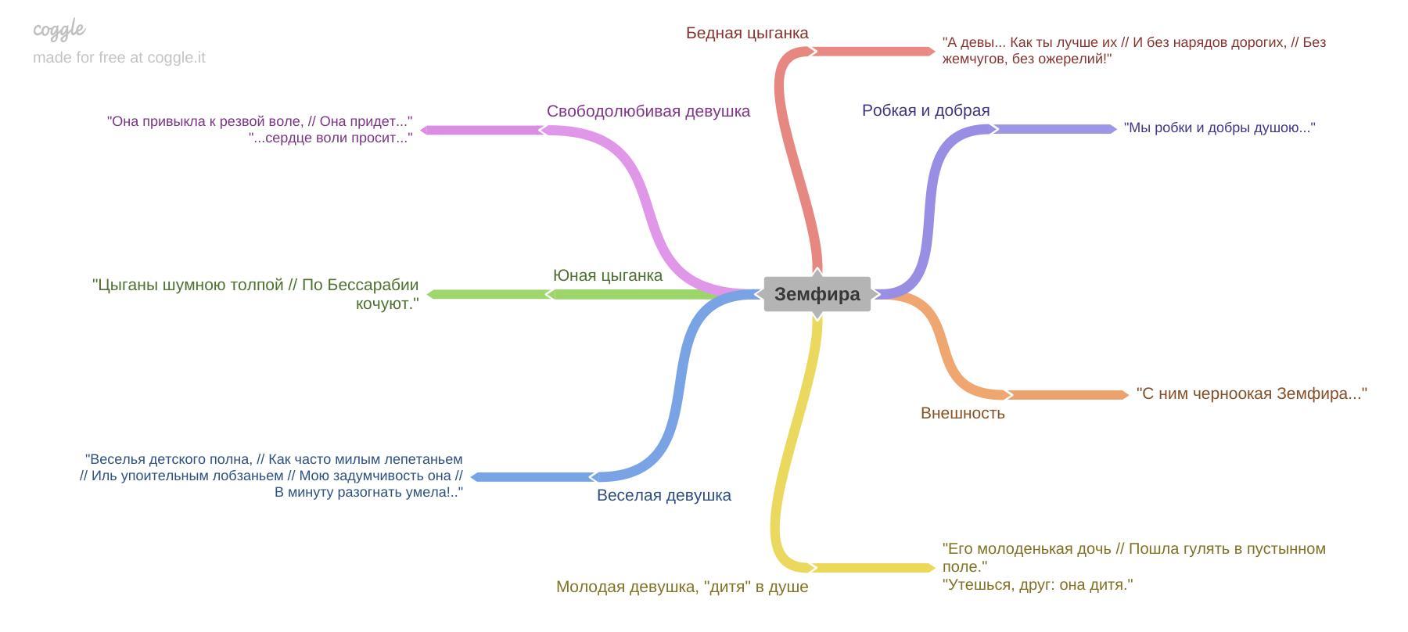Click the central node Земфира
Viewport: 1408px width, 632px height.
(x=817, y=294)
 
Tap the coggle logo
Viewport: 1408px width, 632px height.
(x=59, y=30)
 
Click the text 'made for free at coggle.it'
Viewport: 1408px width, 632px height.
(x=119, y=57)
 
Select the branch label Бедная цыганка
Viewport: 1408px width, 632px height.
(x=747, y=33)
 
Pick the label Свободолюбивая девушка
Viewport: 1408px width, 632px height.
(x=648, y=111)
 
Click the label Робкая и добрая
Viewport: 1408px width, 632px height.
(x=925, y=110)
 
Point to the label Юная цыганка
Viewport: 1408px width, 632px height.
(x=607, y=275)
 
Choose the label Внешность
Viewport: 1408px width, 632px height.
(x=962, y=413)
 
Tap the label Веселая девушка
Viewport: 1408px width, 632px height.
(x=663, y=495)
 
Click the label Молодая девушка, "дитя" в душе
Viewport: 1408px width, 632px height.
(x=682, y=587)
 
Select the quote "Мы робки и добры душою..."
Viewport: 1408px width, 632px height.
(x=1219, y=127)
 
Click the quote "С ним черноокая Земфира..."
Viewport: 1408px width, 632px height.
(x=1251, y=393)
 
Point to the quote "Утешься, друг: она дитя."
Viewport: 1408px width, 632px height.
(x=1037, y=584)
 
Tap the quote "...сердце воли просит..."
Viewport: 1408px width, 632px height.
(x=330, y=138)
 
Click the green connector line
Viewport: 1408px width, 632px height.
(x=626, y=294)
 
